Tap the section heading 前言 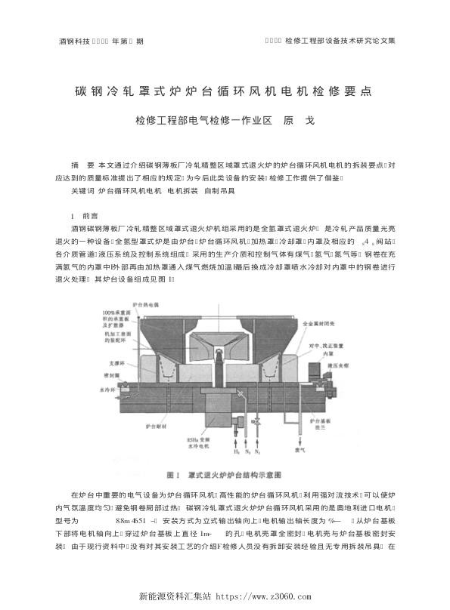click(x=89, y=215)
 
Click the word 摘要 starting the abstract click(x=81, y=165)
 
